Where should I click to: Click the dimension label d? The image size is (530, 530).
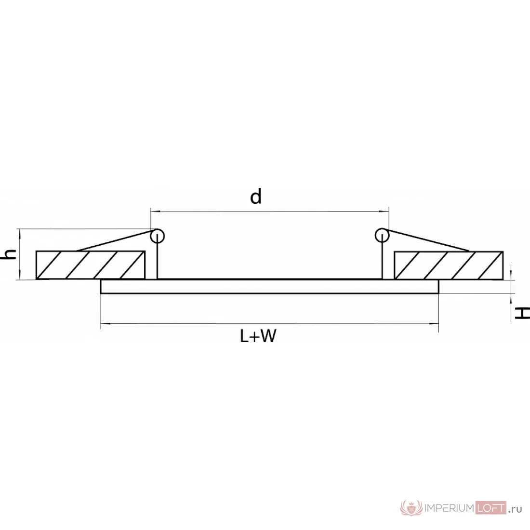pyautogui.click(x=256, y=197)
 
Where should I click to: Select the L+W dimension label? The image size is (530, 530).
pyautogui.click(x=258, y=336)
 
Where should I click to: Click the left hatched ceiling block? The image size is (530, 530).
pyautogui.click(x=91, y=265)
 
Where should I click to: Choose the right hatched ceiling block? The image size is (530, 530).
pyautogui.click(x=449, y=265)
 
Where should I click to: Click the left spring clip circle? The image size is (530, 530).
pyautogui.click(x=158, y=236)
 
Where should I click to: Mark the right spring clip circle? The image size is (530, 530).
pyautogui.click(x=382, y=236)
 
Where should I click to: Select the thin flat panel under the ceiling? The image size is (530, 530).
pyautogui.click(x=269, y=287)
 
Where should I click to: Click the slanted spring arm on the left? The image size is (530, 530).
pyautogui.click(x=115, y=240)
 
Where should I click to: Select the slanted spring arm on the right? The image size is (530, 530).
pyautogui.click(x=427, y=240)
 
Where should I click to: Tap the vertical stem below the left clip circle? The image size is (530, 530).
pyautogui.click(x=158, y=258)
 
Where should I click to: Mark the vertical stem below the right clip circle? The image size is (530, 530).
pyautogui.click(x=382, y=258)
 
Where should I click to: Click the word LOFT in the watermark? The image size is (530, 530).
pyautogui.click(x=490, y=508)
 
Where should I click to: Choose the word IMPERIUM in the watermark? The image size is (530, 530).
pyautogui.click(x=449, y=508)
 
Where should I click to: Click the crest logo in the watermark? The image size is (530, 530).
pyautogui.click(x=411, y=508)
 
